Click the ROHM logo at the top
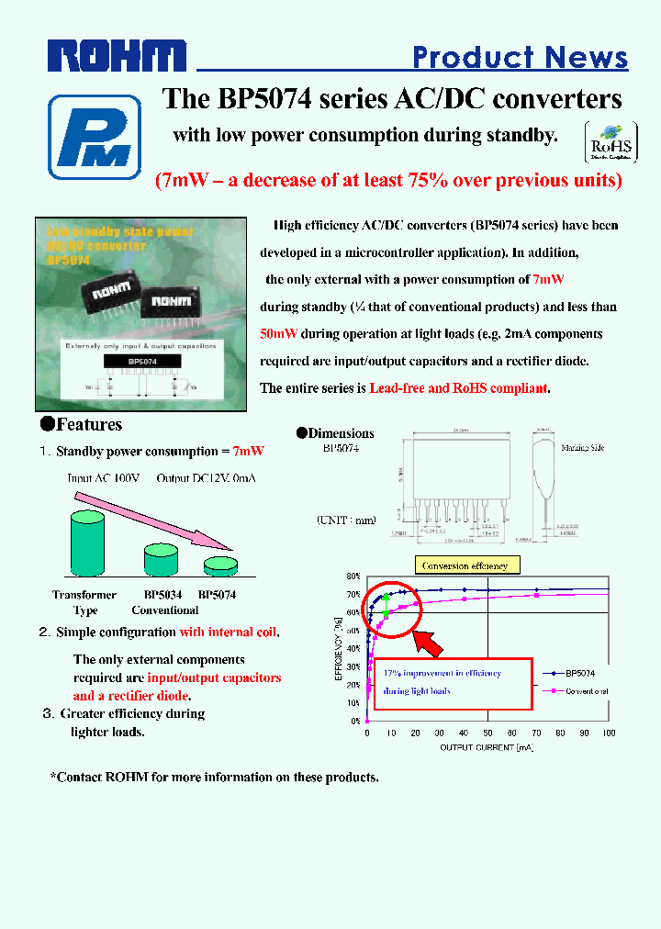tap(118, 57)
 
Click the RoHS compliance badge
tap(611, 142)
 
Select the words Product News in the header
tap(520, 57)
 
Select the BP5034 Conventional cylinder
tap(161, 560)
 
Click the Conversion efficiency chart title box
tap(468, 565)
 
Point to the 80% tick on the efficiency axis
tap(353, 576)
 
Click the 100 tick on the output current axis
tap(609, 733)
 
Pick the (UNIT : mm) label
tap(346, 520)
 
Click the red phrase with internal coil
tap(230, 632)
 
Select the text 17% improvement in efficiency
tap(442, 673)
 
